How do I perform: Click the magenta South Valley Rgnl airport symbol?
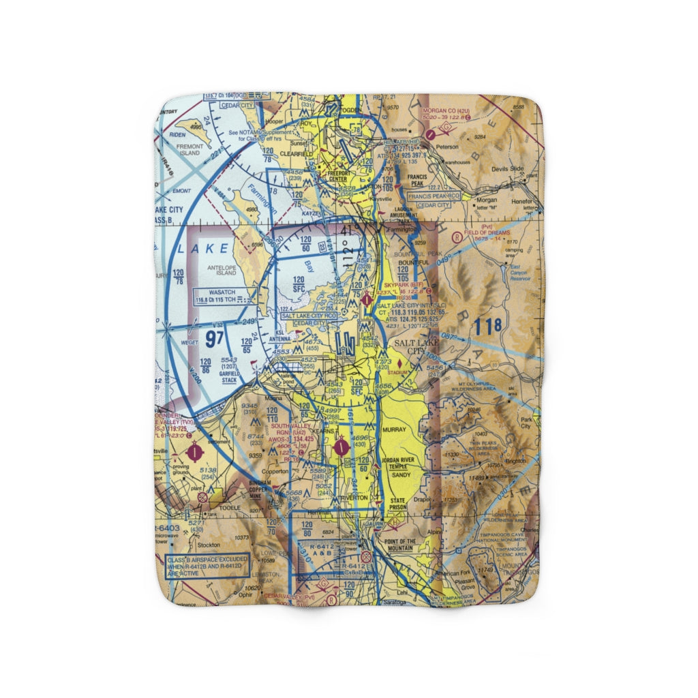342,447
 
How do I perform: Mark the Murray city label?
395,430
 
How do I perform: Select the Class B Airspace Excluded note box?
208,565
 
